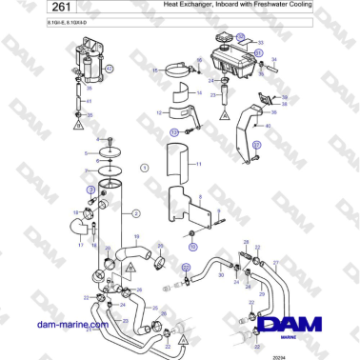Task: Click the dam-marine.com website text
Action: pos(72,325)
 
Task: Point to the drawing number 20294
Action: pos(278,354)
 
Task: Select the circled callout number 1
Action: pos(144,167)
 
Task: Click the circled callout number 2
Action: pos(136,212)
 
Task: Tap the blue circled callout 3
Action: pos(91,190)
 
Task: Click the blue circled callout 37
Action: pos(254,144)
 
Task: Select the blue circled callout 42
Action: pos(109,69)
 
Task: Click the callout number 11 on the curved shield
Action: pos(199,165)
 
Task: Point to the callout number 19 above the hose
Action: pos(136,235)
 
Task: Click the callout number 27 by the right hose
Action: pos(277,261)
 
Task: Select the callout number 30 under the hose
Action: pos(220,276)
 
